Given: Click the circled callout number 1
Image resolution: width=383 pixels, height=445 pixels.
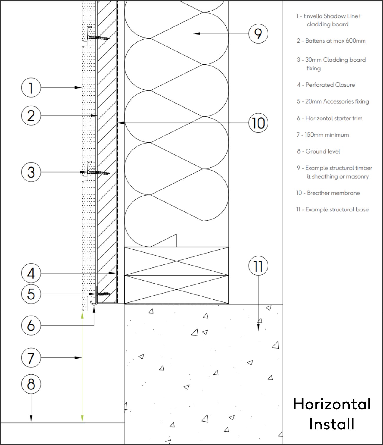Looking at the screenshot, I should coord(31,87).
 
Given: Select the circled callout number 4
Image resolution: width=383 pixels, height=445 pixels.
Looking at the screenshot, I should coord(31,273).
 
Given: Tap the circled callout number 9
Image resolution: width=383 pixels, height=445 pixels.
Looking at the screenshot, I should coord(258,34).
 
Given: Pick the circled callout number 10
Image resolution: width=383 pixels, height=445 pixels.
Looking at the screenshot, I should coord(258,123).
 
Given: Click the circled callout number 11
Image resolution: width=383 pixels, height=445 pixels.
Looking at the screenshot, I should coord(258,266).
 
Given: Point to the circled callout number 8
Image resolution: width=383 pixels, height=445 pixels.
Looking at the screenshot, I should coord(31,384).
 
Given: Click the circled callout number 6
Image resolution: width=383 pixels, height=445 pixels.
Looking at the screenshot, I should coord(31,325).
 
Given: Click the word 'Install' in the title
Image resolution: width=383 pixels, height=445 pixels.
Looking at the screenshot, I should coord(331,424).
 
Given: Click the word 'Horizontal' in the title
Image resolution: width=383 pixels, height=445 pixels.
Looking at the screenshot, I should coord(331,404).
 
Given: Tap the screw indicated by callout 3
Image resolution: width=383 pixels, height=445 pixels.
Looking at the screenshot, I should coord(99,173).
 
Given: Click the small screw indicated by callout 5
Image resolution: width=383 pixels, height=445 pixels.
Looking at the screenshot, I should coord(104,294).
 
